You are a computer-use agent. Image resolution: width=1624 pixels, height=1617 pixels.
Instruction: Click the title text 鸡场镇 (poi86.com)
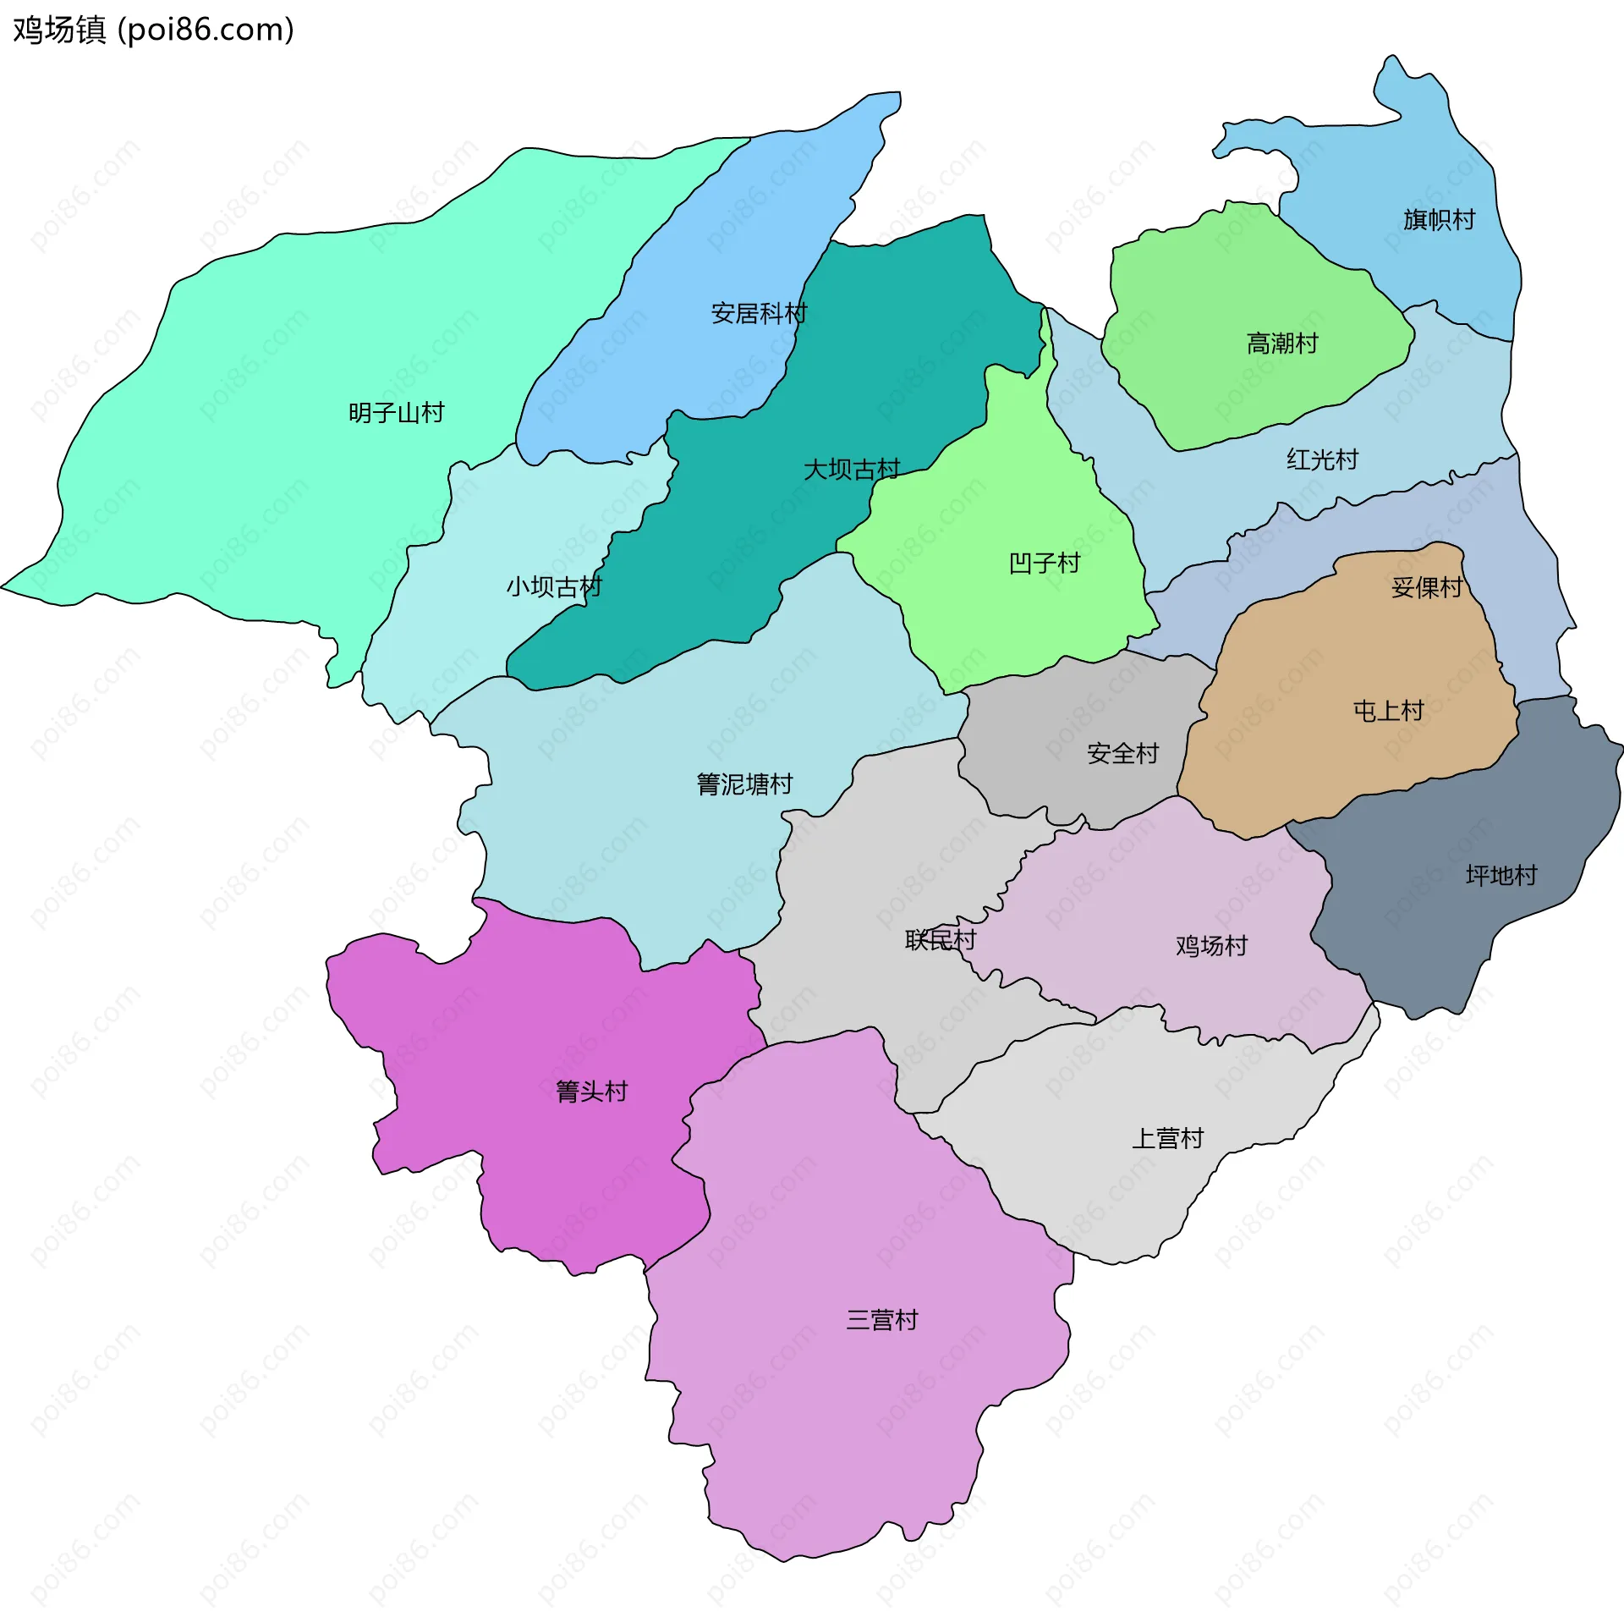[153, 30]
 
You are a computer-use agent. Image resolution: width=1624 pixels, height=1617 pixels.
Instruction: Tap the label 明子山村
[396, 413]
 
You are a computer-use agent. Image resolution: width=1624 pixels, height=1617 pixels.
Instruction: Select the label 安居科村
[759, 314]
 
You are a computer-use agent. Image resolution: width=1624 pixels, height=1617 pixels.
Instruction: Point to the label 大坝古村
[851, 470]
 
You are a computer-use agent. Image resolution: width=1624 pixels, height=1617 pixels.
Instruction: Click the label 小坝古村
[554, 586]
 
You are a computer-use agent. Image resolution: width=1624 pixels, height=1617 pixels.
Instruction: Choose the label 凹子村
[1045, 564]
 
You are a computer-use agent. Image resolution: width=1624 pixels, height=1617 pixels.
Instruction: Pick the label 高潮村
[1282, 344]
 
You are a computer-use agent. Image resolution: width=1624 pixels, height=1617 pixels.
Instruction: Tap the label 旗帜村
[1439, 220]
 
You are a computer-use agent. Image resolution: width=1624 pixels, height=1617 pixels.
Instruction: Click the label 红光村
[1322, 459]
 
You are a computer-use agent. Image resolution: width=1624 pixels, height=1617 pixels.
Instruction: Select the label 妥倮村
[1427, 587]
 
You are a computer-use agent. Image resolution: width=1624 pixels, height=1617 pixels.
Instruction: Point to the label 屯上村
[1388, 711]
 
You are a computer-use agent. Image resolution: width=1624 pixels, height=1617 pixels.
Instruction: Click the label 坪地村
[1501, 875]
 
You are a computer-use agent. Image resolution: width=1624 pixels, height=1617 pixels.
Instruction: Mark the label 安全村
[1122, 753]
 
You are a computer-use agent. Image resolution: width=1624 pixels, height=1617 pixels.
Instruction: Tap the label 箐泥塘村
[744, 784]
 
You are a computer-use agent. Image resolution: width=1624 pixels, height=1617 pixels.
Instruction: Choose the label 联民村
[940, 940]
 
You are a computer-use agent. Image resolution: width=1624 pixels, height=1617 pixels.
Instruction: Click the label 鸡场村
[1211, 946]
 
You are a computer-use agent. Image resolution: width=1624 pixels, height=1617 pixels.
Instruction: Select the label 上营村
[1167, 1138]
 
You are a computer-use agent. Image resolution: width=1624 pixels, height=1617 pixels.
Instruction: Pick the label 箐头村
[591, 1092]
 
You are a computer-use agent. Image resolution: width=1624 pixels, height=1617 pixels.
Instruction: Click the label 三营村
[881, 1320]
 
